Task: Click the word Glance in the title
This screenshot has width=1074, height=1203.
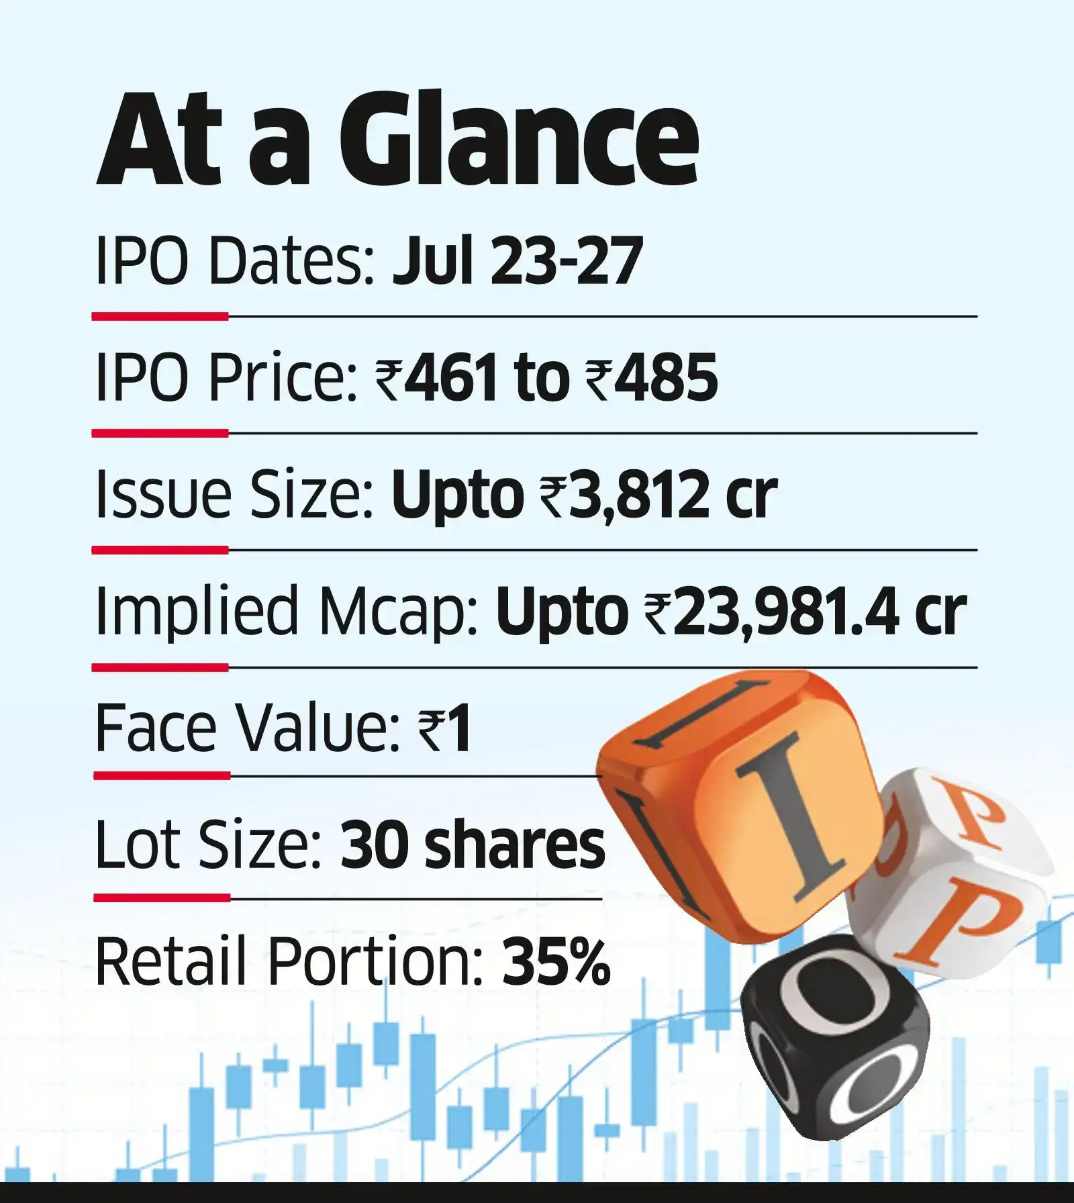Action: (x=518, y=138)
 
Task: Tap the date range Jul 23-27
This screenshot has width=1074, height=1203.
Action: (x=517, y=261)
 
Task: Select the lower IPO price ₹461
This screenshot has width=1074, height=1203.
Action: (x=436, y=378)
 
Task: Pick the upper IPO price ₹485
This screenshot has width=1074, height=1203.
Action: (x=652, y=378)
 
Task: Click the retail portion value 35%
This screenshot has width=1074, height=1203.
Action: (x=556, y=961)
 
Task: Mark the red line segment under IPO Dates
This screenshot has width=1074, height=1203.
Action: (x=160, y=316)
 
